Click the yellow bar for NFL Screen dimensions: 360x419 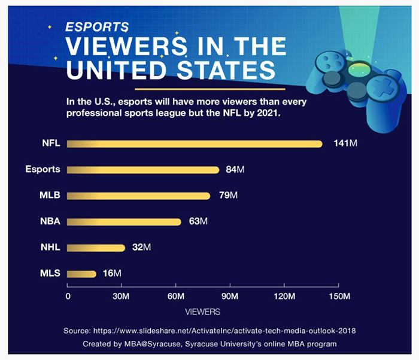(195, 144)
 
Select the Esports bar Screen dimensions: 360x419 (143, 170)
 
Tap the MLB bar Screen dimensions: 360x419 (138, 196)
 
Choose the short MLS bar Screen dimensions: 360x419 (81, 274)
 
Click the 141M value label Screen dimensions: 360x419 (345, 144)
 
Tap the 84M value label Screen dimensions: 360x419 (235, 170)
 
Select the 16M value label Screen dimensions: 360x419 (112, 274)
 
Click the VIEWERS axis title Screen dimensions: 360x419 (202, 312)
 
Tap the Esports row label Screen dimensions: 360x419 (42, 170)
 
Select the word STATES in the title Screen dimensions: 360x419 (229, 68)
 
